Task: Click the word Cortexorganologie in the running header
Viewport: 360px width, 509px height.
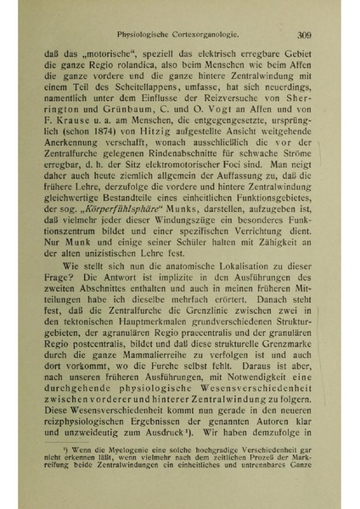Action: click(x=203, y=35)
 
